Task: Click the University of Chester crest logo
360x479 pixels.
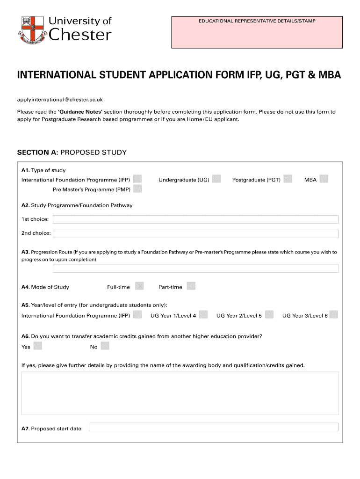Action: [x=32, y=29]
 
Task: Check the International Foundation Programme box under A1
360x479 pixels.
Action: [x=137, y=179]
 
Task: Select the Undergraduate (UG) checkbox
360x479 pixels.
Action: [x=216, y=179]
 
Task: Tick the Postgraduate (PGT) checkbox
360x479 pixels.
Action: [x=288, y=179]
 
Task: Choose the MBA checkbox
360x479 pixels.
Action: [x=324, y=179]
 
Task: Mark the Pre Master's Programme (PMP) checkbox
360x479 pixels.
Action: [x=137, y=189]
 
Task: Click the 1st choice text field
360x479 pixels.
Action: [x=195, y=219]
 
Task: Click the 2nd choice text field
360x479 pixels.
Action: [x=195, y=233]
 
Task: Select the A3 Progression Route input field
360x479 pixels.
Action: [x=195, y=269]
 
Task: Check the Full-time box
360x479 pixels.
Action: [x=139, y=286]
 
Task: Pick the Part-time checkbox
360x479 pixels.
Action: [x=191, y=286]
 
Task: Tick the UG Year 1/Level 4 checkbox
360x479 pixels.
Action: [x=203, y=315]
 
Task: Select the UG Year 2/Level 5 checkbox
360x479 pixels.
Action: [x=269, y=315]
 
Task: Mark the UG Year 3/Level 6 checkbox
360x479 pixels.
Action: [x=333, y=315]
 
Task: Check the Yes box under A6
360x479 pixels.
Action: [x=38, y=346]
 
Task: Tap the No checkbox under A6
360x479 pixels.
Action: [x=105, y=346]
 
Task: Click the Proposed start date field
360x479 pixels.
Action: [x=213, y=427]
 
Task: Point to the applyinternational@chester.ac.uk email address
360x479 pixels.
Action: [x=60, y=100]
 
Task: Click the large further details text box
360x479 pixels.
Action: [x=180, y=393]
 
